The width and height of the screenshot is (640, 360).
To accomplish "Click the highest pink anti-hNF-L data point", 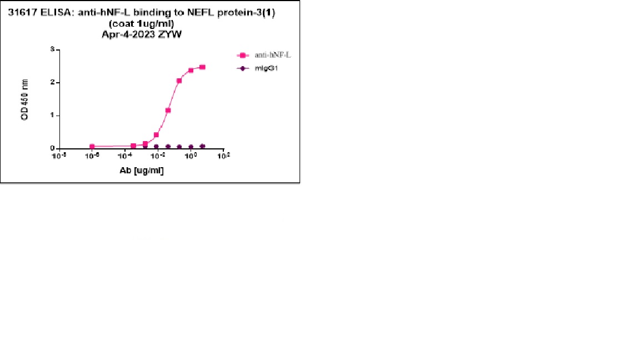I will [202, 67].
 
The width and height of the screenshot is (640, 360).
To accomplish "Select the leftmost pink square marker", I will [92, 147].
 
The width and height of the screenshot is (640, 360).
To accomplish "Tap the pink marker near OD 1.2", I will [168, 110].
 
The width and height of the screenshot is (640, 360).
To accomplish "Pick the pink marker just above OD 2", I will [179, 81].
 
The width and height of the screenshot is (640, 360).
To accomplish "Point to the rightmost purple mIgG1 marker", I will [202, 147].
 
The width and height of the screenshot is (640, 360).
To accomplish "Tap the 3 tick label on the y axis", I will [52, 49].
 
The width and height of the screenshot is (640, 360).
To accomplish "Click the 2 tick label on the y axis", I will [52, 82].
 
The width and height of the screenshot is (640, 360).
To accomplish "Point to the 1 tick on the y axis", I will [52, 116].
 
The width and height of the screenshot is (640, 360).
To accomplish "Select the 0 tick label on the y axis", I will [52, 148].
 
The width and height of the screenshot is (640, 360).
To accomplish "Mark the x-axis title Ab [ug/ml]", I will [142, 171].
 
